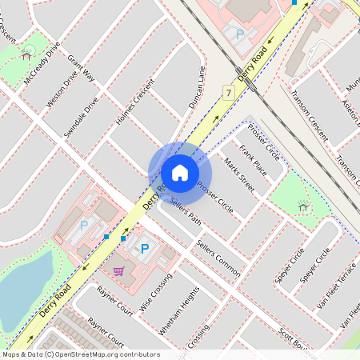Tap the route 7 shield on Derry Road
pyautogui.click(x=229, y=94)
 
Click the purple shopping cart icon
pyautogui.click(x=119, y=271)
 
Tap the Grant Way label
pyautogui.click(x=82, y=69)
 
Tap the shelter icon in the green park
pyautogui.click(x=302, y=207)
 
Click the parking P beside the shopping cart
pyautogui.click(x=145, y=250)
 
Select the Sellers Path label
pyautogui.click(x=184, y=214)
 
